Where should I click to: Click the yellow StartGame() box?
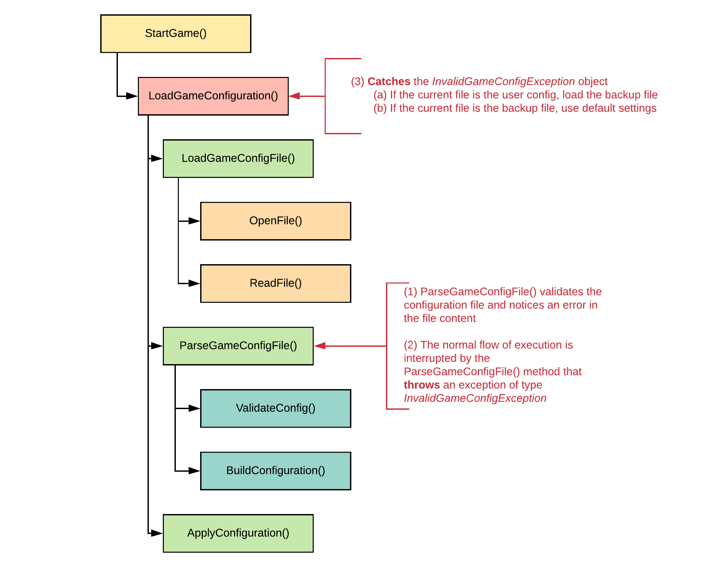(x=176, y=34)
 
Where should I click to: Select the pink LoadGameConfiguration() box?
(x=213, y=96)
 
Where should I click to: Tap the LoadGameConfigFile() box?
(x=238, y=158)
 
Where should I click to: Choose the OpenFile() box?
(x=275, y=221)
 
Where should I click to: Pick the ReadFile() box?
(x=275, y=283)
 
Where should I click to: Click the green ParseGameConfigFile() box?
(x=238, y=346)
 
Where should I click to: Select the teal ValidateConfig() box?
(x=275, y=408)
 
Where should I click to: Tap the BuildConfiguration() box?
(x=275, y=471)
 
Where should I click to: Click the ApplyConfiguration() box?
(x=238, y=533)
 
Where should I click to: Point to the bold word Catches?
(x=388, y=82)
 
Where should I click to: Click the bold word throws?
(x=421, y=385)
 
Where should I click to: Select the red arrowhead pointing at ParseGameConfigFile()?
(x=320, y=346)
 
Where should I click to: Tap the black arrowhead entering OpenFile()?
(x=194, y=221)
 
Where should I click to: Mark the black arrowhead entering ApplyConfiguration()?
(x=156, y=533)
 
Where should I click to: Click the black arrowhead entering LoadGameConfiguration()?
(x=131, y=96)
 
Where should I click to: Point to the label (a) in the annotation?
(x=380, y=95)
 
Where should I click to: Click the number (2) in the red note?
(x=410, y=345)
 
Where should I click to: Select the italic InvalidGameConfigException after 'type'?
(x=475, y=398)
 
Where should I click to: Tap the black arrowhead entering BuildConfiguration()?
(x=194, y=471)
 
